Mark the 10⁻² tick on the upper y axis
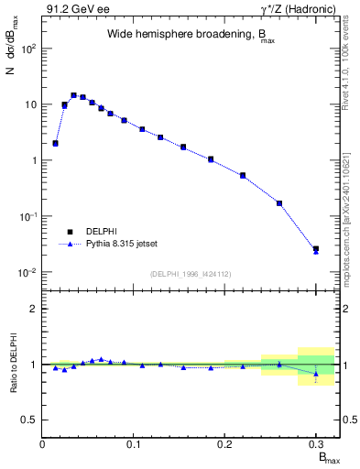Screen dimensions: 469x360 [29, 272]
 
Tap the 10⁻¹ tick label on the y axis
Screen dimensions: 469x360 [29, 216]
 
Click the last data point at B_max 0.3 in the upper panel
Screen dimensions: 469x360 [315, 248]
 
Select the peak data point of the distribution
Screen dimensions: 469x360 [73, 95]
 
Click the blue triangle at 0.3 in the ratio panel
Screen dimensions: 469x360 [315, 374]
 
